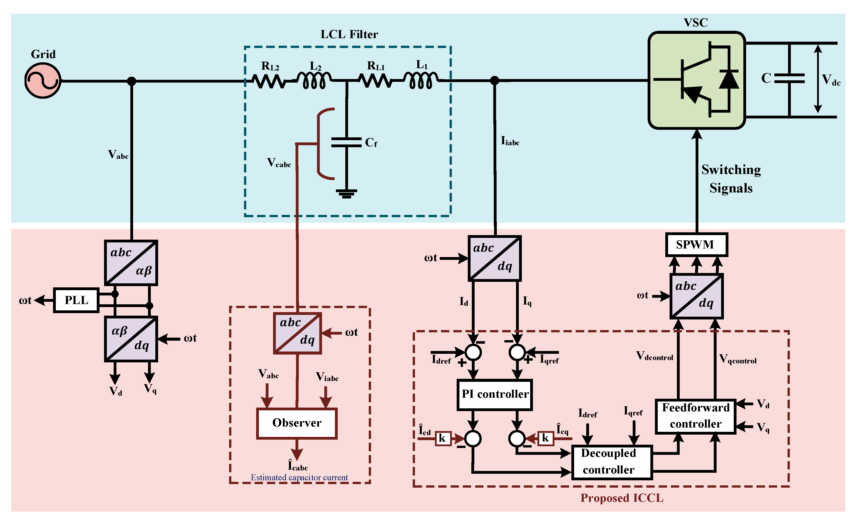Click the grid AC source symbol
pyautogui.click(x=43, y=81)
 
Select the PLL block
pyautogui.click(x=76, y=300)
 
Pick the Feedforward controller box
pyautogui.click(x=696, y=416)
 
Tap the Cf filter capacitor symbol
pyautogui.click(x=347, y=142)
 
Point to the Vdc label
pyautogui.click(x=831, y=80)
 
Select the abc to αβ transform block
pyautogui.click(x=131, y=263)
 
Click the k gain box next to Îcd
pyautogui.click(x=443, y=438)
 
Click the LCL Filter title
pyautogui.click(x=349, y=34)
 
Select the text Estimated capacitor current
pyautogui.click(x=299, y=477)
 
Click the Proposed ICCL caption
pyautogui.click(x=622, y=498)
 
